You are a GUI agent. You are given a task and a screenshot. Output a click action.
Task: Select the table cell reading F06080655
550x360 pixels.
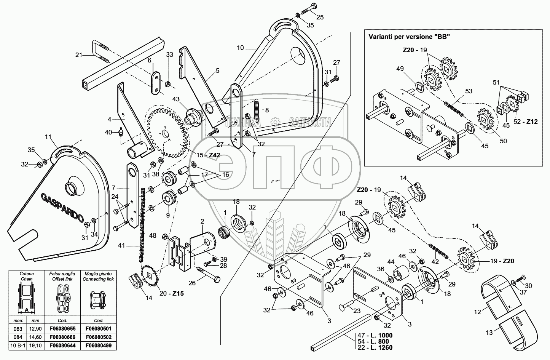pos(62,328)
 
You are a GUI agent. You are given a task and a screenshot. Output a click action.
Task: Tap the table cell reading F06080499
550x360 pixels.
pos(99,346)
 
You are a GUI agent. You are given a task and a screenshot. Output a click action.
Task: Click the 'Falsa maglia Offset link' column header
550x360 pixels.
pos(62,276)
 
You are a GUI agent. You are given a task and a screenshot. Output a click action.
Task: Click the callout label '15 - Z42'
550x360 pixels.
pos(209,155)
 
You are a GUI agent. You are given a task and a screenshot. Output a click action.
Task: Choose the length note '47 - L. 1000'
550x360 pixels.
pos(375,335)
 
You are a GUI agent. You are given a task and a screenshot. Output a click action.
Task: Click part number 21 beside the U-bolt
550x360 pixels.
pos(78,55)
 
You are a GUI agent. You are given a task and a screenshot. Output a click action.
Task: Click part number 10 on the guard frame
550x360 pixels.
pos(240,48)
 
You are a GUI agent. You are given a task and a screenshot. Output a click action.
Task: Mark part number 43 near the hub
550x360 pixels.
pos(175,99)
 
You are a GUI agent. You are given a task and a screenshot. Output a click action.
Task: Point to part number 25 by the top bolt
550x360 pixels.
pos(320,17)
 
